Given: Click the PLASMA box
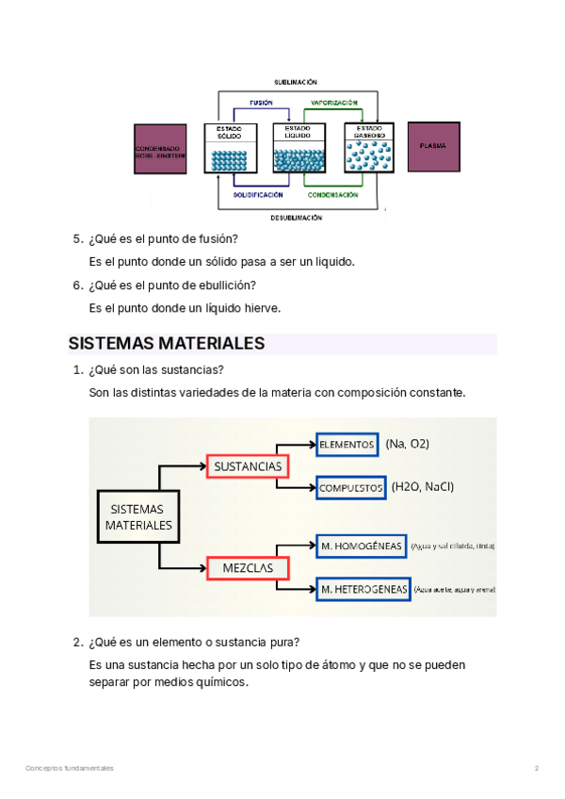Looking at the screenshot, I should tap(433, 147).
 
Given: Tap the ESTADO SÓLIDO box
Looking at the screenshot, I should tap(230, 148).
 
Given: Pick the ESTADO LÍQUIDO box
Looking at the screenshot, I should tap(298, 148).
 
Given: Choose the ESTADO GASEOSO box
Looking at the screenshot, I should tap(368, 148).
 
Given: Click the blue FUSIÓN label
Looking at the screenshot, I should tap(262, 102).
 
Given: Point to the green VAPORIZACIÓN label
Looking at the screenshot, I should tap(333, 102).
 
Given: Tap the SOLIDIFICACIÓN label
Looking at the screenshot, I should tap(258, 195).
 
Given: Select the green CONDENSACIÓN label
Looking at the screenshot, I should tap(332, 195).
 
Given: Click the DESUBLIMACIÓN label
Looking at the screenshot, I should tap(297, 217).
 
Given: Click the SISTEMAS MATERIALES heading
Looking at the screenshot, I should tap(167, 343).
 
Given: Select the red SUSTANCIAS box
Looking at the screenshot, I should tap(248, 465).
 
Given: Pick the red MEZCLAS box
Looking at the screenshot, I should tap(248, 568).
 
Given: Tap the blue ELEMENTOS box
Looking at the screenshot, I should tap(347, 444).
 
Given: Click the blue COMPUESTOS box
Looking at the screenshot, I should tap(351, 487).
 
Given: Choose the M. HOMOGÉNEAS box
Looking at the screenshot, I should tap(362, 546).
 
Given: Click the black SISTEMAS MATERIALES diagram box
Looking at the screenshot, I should tap(138, 516).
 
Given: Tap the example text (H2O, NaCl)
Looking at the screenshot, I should tap(423, 487).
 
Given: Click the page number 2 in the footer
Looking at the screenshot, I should tap(536, 769).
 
